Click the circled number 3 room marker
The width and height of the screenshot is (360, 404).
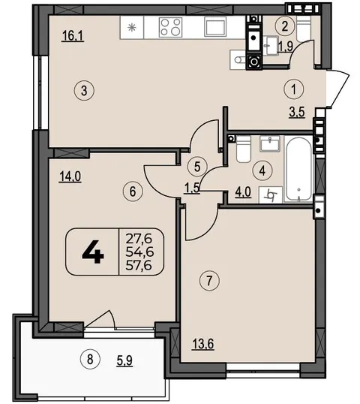click(84, 91)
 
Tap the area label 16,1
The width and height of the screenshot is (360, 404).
click(73, 36)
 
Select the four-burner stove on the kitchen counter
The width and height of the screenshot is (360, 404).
click(170, 27)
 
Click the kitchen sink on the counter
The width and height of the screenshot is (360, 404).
click(216, 27)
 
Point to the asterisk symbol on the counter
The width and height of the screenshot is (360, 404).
click(132, 27)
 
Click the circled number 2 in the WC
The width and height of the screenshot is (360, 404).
click(284, 26)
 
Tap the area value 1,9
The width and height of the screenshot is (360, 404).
click(286, 47)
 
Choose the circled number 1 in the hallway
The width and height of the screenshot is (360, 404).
click(294, 89)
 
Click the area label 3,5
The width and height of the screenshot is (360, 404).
click(297, 113)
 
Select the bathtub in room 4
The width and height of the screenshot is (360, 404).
click(298, 169)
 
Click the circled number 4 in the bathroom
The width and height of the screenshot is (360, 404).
click(262, 170)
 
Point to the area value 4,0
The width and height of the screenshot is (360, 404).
click(243, 192)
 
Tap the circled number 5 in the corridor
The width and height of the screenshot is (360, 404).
click(197, 167)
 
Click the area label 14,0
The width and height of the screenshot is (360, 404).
click(70, 177)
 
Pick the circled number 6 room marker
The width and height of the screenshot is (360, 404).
click(133, 191)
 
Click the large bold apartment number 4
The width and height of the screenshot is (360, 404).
click(93, 252)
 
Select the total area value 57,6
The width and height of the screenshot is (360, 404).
click(139, 265)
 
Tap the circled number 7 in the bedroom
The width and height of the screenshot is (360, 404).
click(209, 281)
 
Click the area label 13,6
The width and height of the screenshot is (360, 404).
click(203, 344)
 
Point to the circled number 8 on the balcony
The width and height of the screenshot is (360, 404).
click(90, 360)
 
